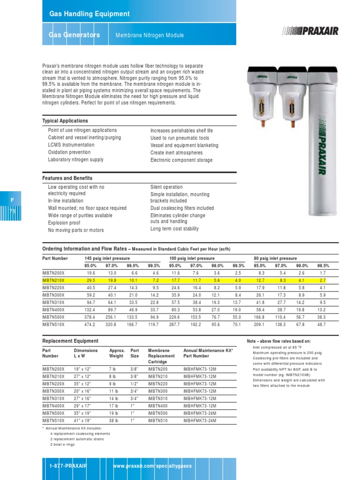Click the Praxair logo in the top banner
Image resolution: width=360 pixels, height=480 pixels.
pyautogui.click(x=310, y=31)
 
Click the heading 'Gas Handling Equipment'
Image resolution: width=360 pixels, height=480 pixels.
pyautogui.click(x=90, y=14)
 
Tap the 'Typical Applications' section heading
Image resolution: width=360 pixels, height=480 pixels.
pyautogui.click(x=65, y=121)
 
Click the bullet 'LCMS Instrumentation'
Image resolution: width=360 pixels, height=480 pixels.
pyautogui.click(x=71, y=145)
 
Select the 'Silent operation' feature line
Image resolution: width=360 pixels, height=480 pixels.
pyautogui.click(x=166, y=187)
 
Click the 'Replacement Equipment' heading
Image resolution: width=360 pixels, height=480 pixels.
pyautogui.click(x=70, y=341)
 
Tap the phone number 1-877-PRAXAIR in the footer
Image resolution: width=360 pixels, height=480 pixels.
pyautogui.click(x=68, y=466)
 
